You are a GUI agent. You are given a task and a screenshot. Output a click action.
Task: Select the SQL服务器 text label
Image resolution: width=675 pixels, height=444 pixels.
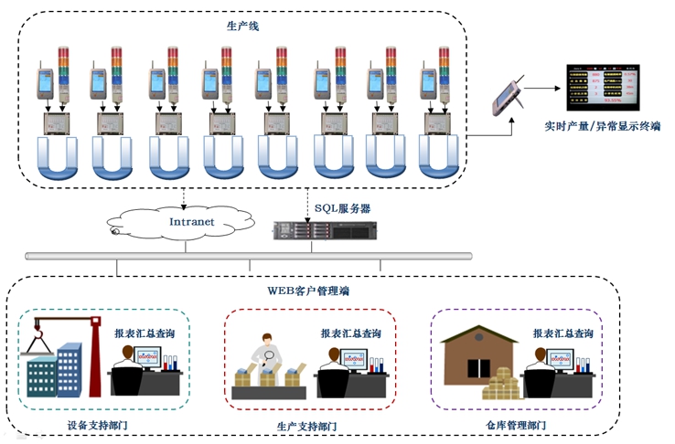point(343,208)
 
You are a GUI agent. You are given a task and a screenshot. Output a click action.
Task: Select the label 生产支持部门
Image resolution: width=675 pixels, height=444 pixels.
point(307,426)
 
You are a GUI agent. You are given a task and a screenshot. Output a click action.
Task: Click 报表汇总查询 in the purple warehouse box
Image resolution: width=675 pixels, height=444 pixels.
point(563,333)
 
